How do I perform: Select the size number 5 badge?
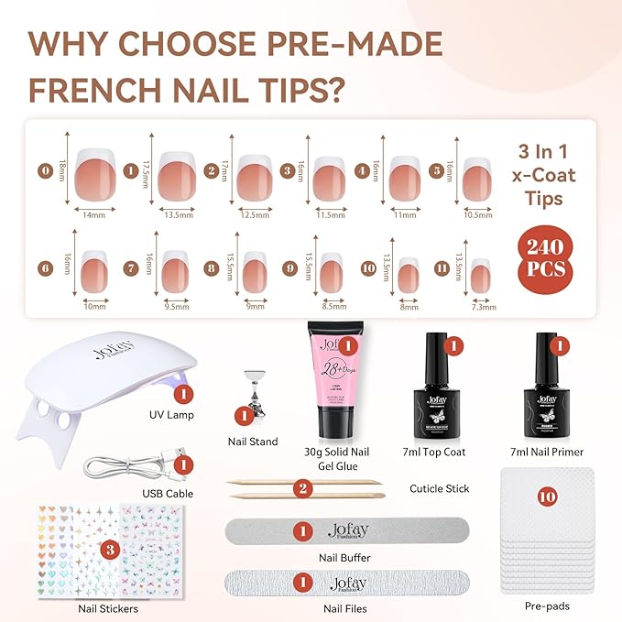tap(437, 169)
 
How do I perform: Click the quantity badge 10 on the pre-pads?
tap(547, 497)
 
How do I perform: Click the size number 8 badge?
tap(210, 269)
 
